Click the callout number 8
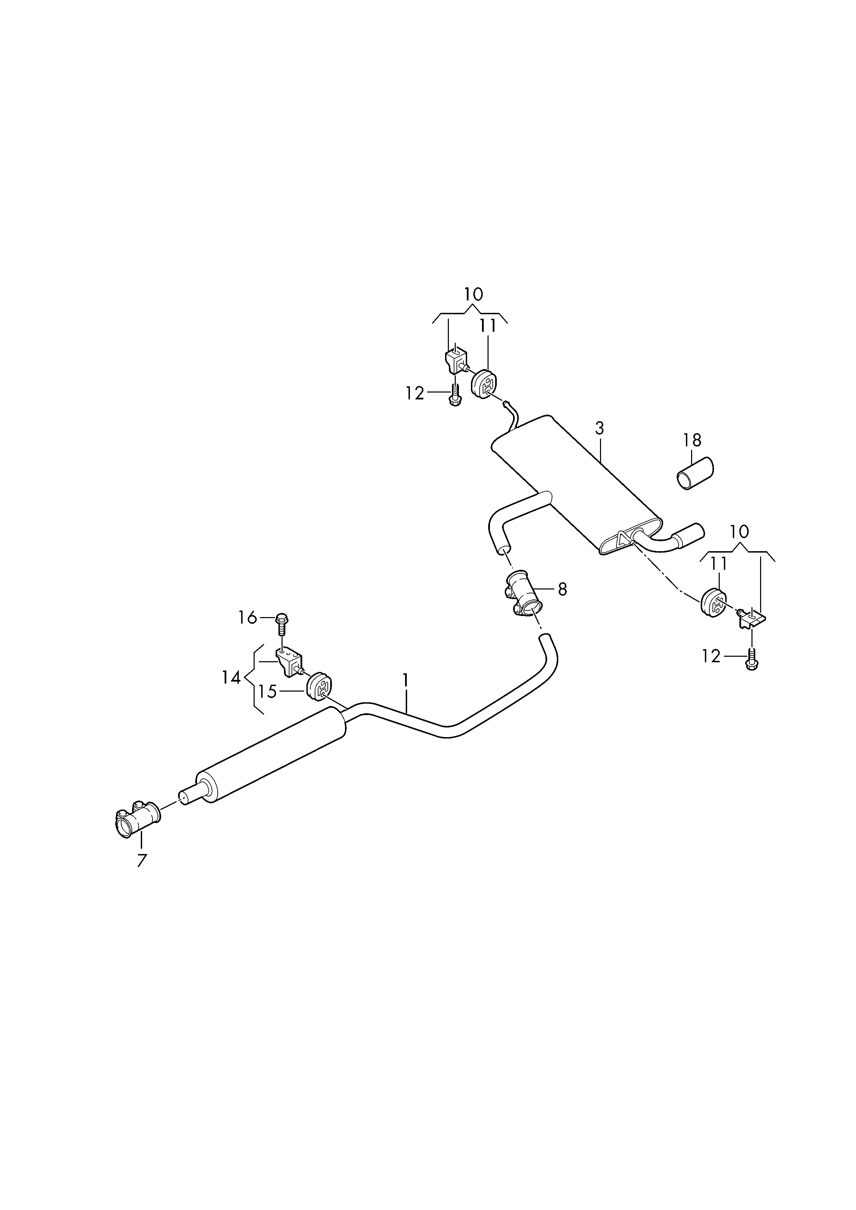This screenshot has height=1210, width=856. tap(562, 589)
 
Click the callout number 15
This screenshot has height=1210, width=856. tap(267, 692)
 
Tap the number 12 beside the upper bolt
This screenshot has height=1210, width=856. tap(415, 393)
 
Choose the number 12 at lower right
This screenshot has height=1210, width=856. tap(711, 656)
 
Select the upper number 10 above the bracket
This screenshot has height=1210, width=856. tap(473, 294)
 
